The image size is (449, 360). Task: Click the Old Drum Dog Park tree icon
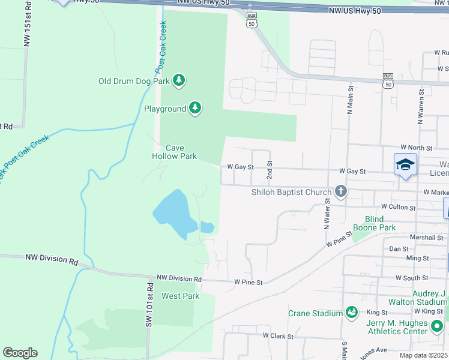pos(178,80)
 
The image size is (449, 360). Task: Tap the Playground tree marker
pos(194,108)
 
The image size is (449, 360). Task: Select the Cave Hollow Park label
pos(173,152)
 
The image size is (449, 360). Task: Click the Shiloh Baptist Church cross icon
pos(341,192)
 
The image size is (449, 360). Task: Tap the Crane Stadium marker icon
pos(352,313)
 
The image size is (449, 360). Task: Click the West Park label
pos(180,296)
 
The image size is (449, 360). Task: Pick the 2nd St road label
pos(270,172)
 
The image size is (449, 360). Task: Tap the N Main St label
pos(350,99)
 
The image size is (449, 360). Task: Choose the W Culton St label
pos(394,208)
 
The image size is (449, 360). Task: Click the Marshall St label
pos(426,238)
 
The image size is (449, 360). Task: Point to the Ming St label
pos(417,258)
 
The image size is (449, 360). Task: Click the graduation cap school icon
pos(405,164)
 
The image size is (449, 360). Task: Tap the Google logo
pos(20,353)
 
